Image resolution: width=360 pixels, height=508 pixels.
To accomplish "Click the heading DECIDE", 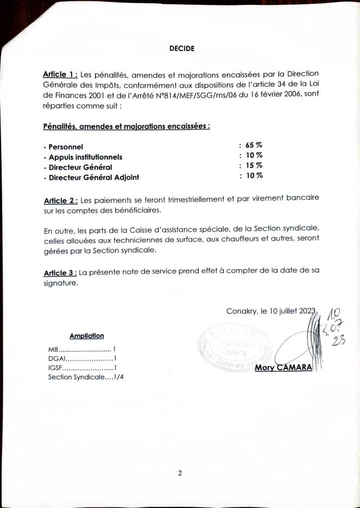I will click(x=181, y=48).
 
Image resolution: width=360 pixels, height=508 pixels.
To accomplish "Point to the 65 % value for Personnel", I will click(x=254, y=145).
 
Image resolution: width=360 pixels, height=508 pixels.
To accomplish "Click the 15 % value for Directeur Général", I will click(x=254, y=166).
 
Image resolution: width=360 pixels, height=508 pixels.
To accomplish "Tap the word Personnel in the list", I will click(x=66, y=147).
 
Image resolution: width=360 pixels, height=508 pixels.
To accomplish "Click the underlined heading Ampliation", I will click(x=87, y=336).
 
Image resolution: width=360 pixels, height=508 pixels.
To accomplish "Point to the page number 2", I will click(x=180, y=473).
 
